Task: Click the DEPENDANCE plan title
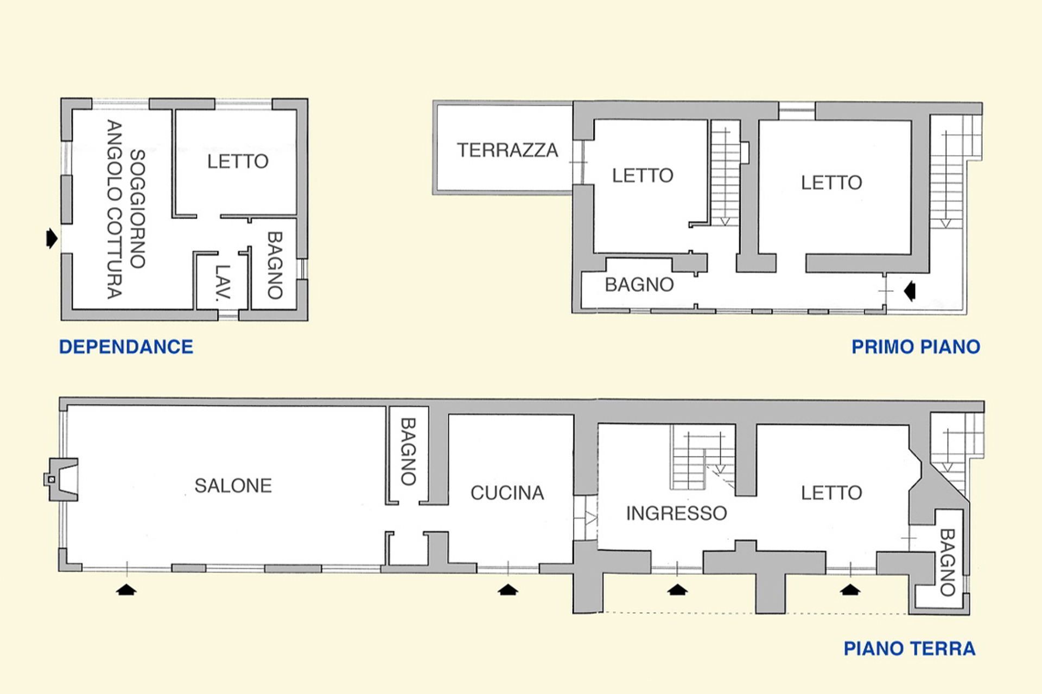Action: (x=126, y=347)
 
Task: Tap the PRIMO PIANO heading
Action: (x=916, y=347)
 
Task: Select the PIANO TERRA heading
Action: (x=909, y=648)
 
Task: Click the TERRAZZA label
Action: (x=507, y=150)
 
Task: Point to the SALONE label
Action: (x=233, y=486)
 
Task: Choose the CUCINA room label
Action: (x=507, y=493)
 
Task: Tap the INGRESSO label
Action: (x=676, y=513)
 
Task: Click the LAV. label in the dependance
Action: (x=223, y=282)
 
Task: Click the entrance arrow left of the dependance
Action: (x=52, y=238)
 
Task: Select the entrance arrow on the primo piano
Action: (x=910, y=291)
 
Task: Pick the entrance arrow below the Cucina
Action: (x=507, y=589)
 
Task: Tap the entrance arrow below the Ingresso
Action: (x=677, y=589)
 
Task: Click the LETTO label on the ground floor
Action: (x=831, y=493)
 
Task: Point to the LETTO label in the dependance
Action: (x=238, y=162)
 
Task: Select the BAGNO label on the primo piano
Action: (x=639, y=285)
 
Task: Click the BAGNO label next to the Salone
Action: (x=408, y=451)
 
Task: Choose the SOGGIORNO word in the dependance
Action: (x=138, y=209)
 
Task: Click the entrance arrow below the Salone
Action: (x=126, y=589)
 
